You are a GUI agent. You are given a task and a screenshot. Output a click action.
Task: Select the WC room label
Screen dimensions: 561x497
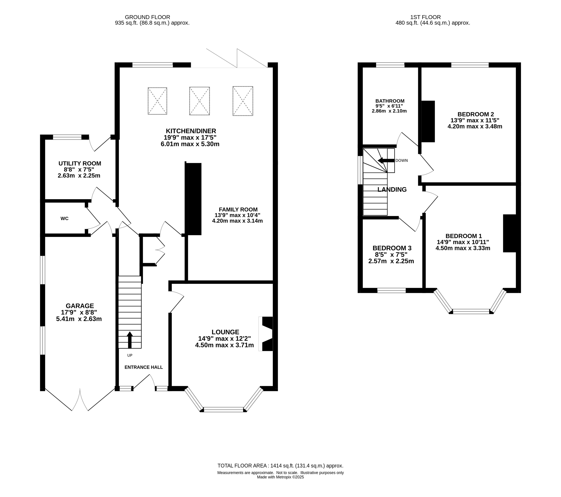pyautogui.click(x=64, y=218)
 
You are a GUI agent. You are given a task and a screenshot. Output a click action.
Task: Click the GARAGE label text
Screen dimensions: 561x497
pyautogui.click(x=80, y=306)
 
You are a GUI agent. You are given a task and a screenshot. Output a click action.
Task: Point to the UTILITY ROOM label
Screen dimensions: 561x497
pyautogui.click(x=80, y=163)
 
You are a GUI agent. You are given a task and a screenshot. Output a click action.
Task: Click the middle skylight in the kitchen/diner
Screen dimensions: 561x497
pyautogui.click(x=200, y=101)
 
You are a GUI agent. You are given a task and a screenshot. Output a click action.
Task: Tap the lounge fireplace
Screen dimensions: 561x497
pyautogui.click(x=266, y=334)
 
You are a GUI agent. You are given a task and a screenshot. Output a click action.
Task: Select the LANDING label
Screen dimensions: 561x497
pyautogui.click(x=392, y=189)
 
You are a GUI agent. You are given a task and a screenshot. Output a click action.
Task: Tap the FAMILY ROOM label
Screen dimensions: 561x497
pyautogui.click(x=238, y=209)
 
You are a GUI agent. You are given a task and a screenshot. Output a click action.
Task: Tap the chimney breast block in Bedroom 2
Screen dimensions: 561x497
pyautogui.click(x=428, y=121)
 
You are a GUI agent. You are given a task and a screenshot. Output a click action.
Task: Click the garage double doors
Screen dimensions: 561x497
pyautogui.click(x=80, y=400)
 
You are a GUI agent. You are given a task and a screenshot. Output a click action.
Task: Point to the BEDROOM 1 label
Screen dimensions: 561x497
pyautogui.click(x=464, y=236)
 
